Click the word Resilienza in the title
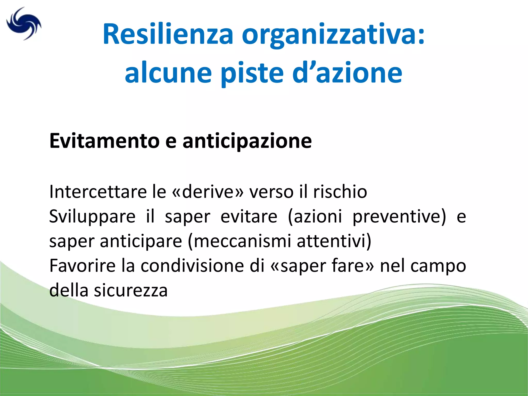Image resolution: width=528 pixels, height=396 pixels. click(x=168, y=34)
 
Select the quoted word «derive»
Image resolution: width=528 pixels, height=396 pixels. click(x=208, y=192)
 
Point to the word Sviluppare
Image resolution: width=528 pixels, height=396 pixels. click(x=92, y=216)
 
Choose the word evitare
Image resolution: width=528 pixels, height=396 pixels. click(x=249, y=216)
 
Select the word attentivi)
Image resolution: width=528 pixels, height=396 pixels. click(x=334, y=241)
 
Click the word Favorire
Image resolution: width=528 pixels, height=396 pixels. click(x=82, y=266)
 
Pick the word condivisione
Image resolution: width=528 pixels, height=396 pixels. click(x=203, y=266)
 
